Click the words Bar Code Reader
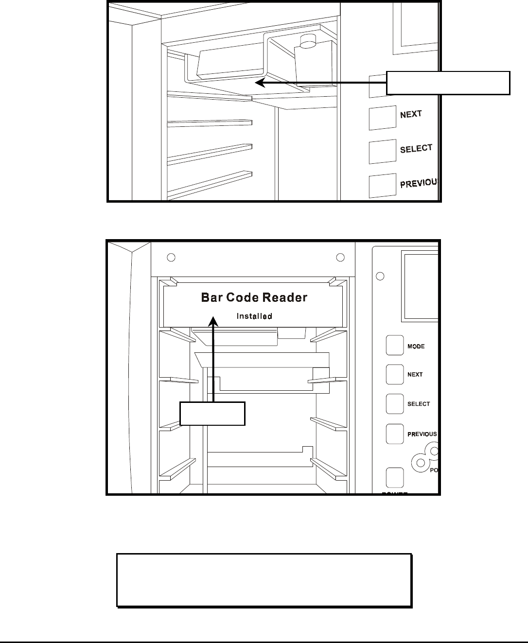[254, 297]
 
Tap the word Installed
[254, 316]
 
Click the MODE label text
[416, 347]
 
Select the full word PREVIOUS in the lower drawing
[422, 434]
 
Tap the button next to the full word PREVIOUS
[395, 434]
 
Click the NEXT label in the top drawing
[411, 115]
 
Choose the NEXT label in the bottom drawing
[415, 375]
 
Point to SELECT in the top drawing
[416, 149]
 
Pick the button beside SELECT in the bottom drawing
[395, 403]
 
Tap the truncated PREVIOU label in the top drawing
[420, 183]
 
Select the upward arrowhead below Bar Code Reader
[213, 321]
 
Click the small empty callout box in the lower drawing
[212, 413]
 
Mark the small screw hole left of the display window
[381, 276]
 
